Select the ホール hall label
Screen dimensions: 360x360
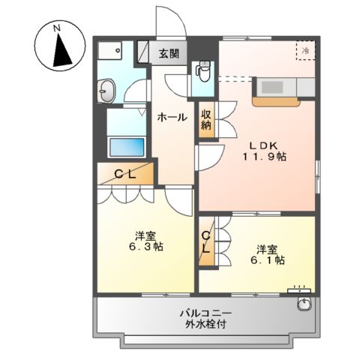click(172, 117)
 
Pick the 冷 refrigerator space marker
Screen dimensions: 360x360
click(306, 49)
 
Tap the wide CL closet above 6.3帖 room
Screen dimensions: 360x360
click(124, 174)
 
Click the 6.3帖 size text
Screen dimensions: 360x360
click(143, 246)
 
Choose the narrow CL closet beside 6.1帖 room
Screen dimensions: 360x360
click(206, 242)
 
